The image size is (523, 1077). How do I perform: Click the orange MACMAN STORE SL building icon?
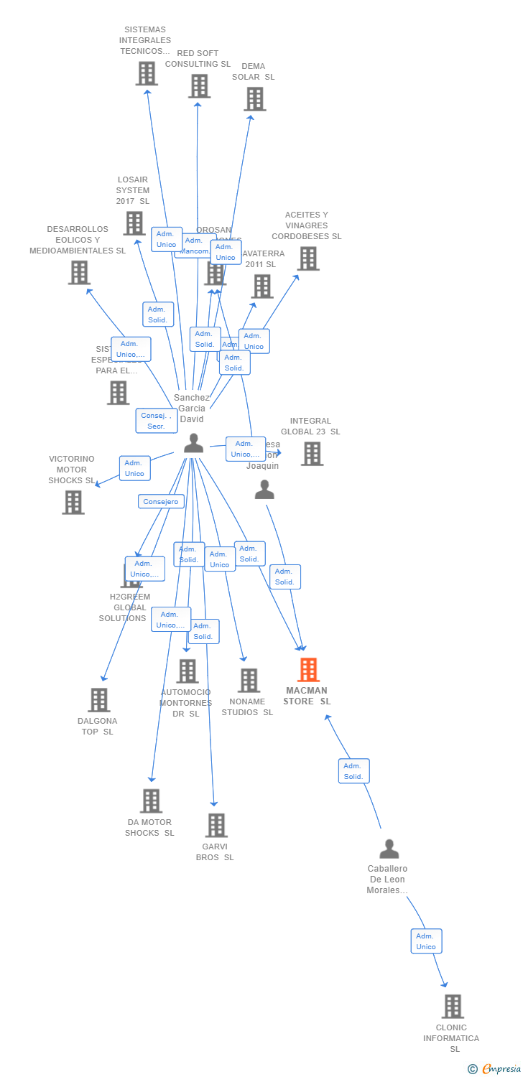coord(308,670)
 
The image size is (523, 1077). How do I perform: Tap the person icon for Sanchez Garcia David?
coord(193,444)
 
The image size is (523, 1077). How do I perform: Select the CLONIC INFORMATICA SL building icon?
coord(453,1007)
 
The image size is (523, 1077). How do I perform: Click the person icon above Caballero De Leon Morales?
coord(389,849)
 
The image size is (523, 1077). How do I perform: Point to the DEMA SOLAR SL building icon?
coord(254,99)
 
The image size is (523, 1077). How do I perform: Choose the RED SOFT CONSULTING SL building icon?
coord(199,86)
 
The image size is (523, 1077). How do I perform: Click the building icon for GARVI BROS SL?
coord(216,826)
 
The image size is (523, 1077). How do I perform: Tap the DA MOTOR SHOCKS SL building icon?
coord(151,801)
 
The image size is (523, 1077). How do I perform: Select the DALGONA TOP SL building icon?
coord(98,700)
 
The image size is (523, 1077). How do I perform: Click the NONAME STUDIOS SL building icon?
coord(249,681)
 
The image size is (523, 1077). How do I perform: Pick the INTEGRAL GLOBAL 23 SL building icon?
coord(312,454)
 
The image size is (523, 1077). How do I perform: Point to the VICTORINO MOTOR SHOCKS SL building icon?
coord(73,503)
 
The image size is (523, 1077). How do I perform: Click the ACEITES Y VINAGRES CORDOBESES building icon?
coord(308,258)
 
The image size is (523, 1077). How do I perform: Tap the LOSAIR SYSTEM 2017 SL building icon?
coord(134,223)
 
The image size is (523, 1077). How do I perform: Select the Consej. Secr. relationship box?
coord(157,421)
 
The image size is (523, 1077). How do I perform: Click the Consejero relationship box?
coord(161,502)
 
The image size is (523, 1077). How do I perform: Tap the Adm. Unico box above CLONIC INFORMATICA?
coord(426,941)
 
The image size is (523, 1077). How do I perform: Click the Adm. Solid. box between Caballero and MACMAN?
coord(353,771)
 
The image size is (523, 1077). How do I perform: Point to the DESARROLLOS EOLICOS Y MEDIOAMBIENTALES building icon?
coord(79,273)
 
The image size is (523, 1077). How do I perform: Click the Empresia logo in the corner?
coord(496,1069)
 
